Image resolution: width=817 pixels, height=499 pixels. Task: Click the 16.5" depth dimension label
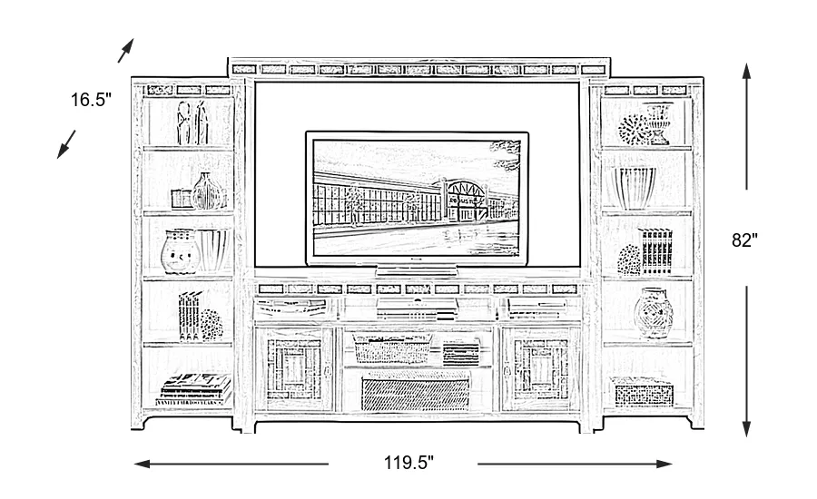pos(91,100)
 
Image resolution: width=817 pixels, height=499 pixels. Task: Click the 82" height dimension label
pos(744,241)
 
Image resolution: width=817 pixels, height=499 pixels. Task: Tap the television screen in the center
pos(417,198)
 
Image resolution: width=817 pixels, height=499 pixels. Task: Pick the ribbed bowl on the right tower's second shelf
pos(636,188)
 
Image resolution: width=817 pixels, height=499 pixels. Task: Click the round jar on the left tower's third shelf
pos(179,250)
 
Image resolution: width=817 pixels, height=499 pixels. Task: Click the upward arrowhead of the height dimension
pos(746,71)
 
